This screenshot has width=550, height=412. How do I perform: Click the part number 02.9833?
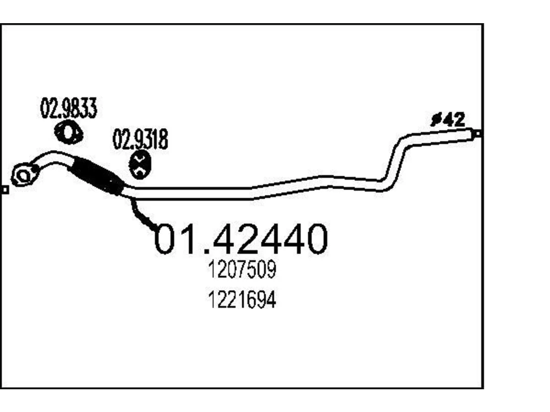[68, 108]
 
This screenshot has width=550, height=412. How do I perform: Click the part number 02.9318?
[141, 139]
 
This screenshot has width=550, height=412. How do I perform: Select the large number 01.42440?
[241, 239]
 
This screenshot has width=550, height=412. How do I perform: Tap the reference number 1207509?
[242, 269]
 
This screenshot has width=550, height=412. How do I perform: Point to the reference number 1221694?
[242, 299]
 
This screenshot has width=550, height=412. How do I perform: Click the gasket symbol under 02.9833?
[68, 132]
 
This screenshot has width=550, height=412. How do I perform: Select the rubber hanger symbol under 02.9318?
[140, 165]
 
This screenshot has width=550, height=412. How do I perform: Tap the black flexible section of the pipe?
[97, 176]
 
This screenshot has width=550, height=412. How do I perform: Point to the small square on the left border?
[5, 190]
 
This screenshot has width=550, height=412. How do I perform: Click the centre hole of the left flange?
[23, 176]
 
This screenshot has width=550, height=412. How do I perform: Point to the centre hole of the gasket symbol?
[68, 132]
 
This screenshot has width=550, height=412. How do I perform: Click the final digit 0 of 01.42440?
[315, 239]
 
